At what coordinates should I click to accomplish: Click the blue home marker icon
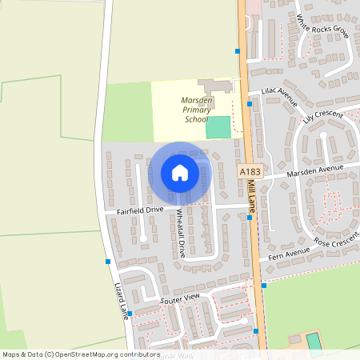coord(179,172)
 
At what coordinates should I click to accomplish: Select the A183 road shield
coord(249,170)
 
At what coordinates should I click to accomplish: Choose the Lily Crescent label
coord(322,118)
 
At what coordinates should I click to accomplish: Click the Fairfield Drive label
coord(140,210)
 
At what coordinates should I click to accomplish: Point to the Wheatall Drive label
coord(181,233)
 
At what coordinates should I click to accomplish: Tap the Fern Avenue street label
coord(289,256)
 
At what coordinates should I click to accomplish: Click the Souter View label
coord(179,298)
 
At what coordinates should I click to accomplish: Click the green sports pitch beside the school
coord(218,126)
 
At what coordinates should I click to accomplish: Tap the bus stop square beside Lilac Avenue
coord(250,103)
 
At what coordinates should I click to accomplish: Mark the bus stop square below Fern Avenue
coord(263,285)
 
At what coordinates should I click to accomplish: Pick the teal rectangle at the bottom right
coord(314,342)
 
